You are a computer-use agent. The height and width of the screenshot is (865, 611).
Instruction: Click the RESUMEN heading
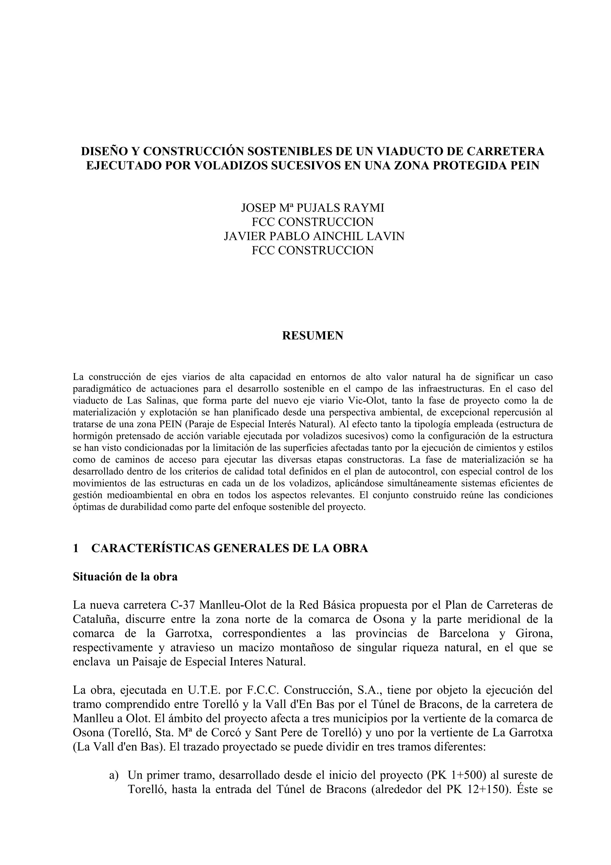[312, 336]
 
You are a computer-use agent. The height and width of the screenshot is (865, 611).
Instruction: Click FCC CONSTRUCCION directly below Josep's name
[312, 222]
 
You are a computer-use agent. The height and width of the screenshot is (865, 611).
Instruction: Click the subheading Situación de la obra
[125, 576]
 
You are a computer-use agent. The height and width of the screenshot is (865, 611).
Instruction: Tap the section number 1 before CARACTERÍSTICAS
[76, 548]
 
